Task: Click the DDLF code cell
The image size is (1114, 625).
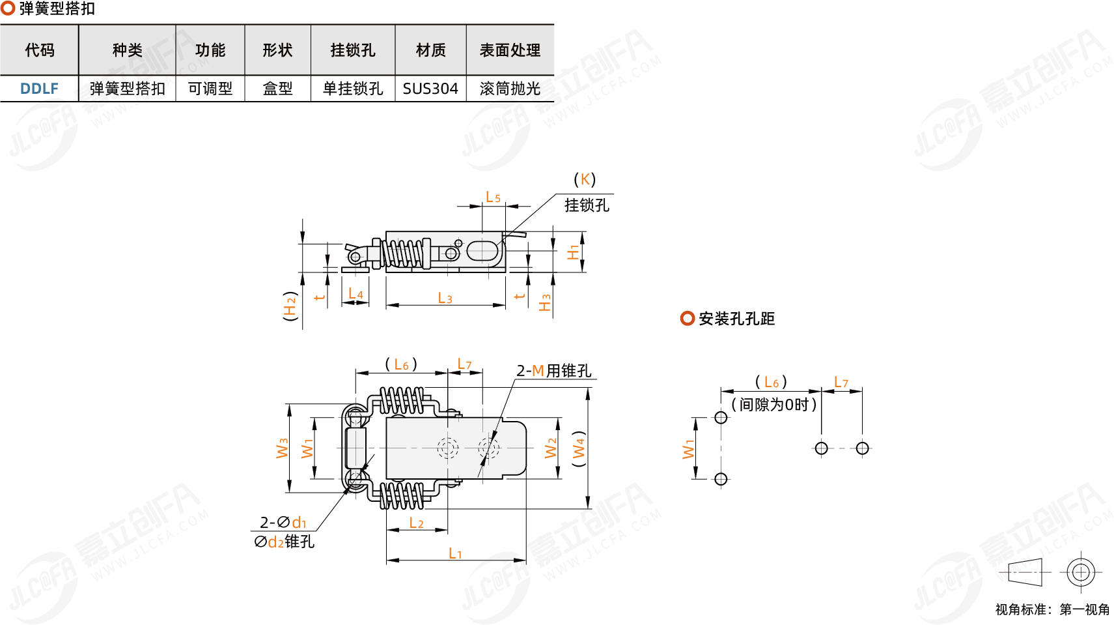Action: (x=39, y=89)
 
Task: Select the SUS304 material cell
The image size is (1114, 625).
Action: (x=430, y=89)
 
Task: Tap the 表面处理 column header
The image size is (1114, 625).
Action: (x=510, y=50)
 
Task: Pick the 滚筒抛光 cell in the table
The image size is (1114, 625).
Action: (x=510, y=89)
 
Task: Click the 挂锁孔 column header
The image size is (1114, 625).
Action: (x=353, y=50)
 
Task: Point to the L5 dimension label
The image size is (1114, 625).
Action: (x=493, y=197)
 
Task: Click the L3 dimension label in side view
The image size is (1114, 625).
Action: (x=445, y=298)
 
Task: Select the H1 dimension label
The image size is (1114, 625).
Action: (x=573, y=253)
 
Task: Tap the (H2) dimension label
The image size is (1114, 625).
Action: (x=290, y=306)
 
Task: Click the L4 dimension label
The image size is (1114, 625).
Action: (x=355, y=294)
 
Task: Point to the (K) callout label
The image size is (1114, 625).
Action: (x=585, y=180)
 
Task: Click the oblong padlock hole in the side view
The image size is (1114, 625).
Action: (x=482, y=251)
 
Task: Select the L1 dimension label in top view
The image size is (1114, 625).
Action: (x=455, y=554)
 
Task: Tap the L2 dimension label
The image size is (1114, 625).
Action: (x=416, y=523)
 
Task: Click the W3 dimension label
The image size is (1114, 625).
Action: (x=282, y=448)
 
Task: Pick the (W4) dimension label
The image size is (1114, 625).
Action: (x=579, y=448)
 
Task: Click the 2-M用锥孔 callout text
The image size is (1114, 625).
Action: (x=553, y=371)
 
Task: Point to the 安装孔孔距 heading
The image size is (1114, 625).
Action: (x=736, y=319)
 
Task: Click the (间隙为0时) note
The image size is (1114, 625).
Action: (x=773, y=405)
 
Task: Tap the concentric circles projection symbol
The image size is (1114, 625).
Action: (x=1080, y=573)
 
